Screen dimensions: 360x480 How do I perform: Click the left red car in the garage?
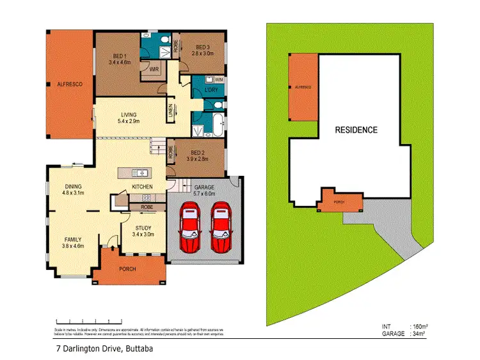point(190,227)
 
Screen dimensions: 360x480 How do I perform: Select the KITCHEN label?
point(141,186)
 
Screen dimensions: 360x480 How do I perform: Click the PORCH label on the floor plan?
point(127,269)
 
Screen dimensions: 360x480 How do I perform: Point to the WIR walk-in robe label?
point(154,68)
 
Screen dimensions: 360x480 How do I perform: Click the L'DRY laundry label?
point(211,90)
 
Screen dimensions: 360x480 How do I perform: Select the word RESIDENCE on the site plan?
point(356,130)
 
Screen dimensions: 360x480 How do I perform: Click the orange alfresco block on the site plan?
point(304,87)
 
